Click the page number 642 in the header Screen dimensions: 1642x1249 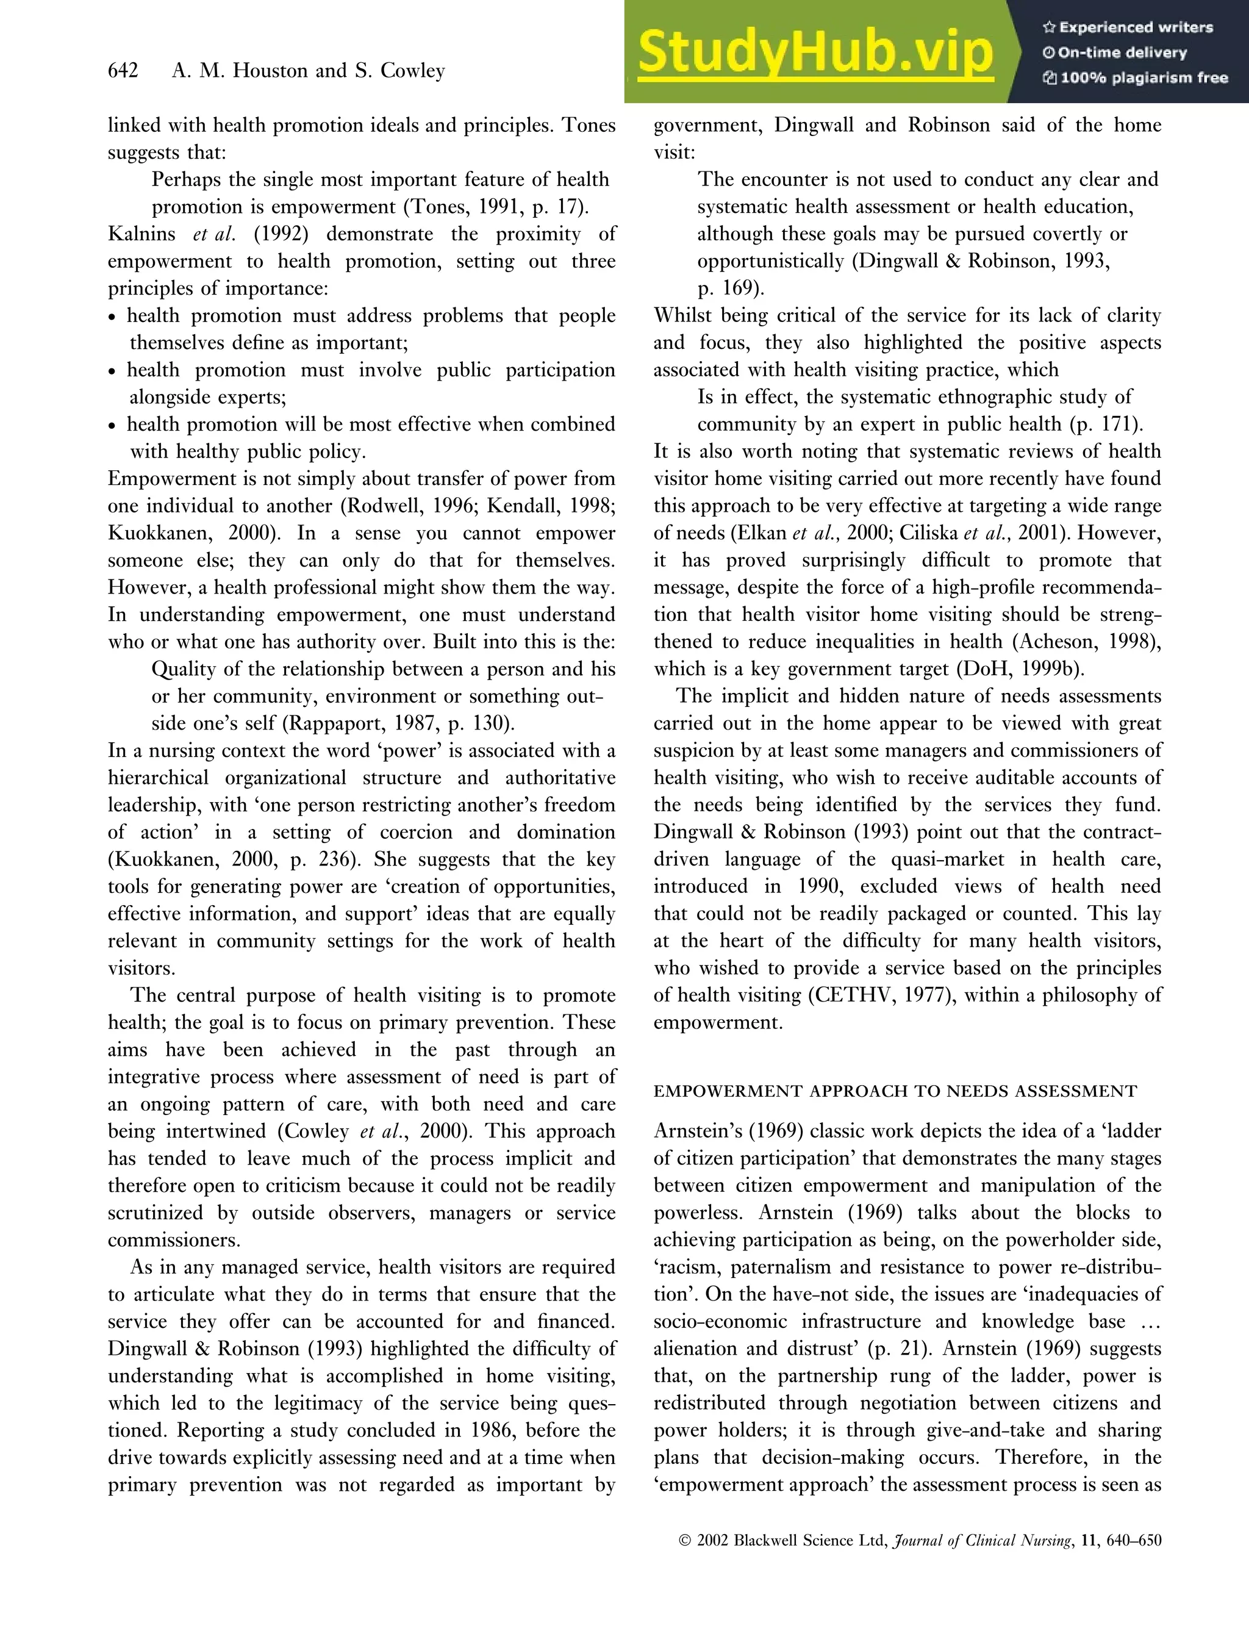[123, 71]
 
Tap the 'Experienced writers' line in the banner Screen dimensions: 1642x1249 [1128, 27]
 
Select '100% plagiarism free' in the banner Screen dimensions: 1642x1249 [1136, 78]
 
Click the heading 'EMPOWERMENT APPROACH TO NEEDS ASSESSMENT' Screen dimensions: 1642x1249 [895, 1091]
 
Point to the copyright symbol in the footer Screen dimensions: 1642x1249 [685, 1540]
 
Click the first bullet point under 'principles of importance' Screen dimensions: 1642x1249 [112, 317]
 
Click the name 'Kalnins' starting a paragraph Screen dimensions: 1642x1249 [140, 234]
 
